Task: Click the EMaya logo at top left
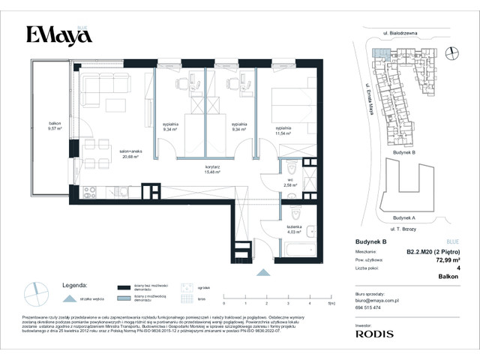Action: point(58,35)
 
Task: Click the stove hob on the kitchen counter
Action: point(89,190)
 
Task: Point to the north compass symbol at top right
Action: point(452,52)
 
